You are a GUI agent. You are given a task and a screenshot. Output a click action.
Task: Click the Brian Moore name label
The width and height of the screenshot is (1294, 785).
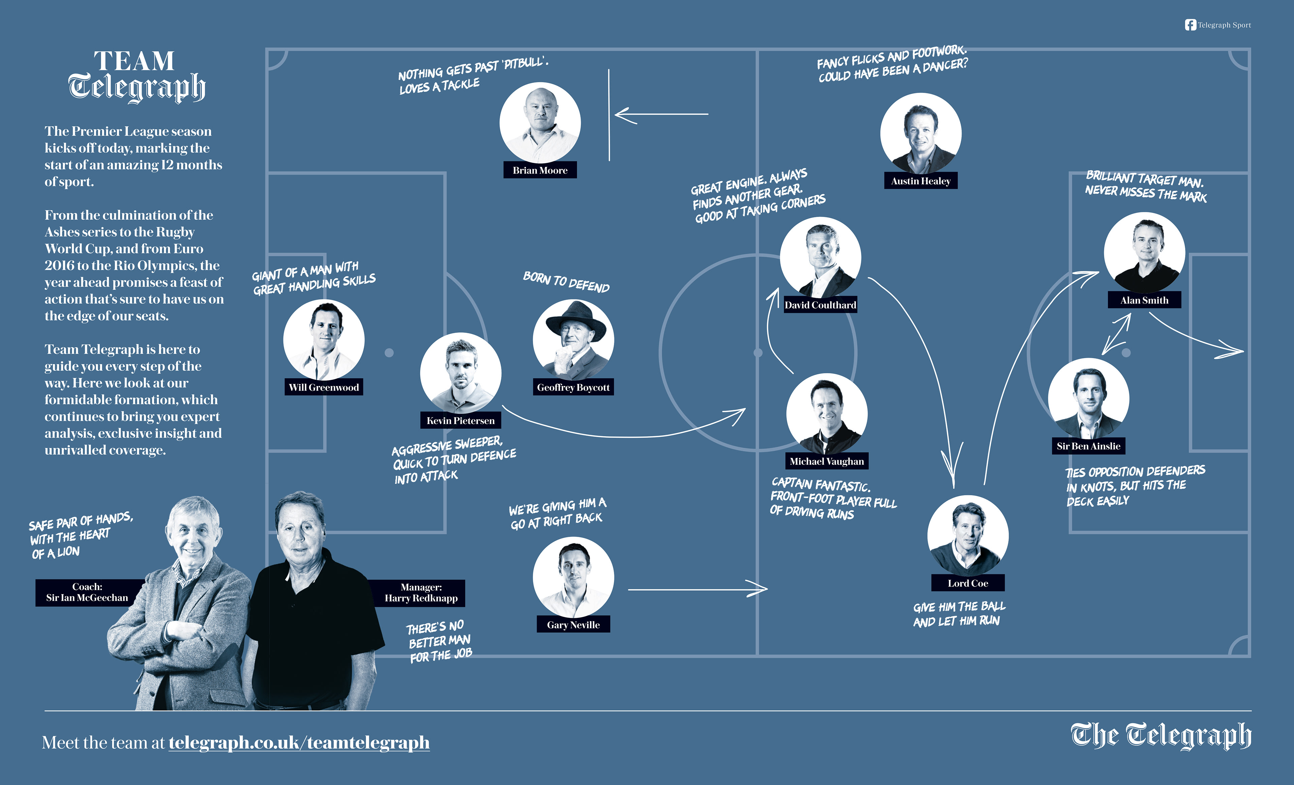point(540,170)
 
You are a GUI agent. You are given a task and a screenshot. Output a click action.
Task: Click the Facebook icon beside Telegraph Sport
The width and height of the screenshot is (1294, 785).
point(1190,25)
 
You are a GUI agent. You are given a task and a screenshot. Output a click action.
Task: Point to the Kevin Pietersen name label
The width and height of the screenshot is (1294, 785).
point(461,420)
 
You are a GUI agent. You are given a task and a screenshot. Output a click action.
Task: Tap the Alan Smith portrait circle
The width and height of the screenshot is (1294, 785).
point(1144,253)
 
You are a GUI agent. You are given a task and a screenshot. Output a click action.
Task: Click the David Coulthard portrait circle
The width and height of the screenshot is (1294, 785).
point(820,257)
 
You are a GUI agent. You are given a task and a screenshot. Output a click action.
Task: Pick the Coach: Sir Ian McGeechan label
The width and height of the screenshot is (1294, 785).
point(87,592)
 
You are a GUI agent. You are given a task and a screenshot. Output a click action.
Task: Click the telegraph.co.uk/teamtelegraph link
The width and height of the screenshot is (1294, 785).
point(299,743)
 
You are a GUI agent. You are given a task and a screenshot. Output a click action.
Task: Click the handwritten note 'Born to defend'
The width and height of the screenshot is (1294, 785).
point(566,282)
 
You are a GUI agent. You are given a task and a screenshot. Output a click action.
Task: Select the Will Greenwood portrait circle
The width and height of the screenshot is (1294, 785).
point(323,340)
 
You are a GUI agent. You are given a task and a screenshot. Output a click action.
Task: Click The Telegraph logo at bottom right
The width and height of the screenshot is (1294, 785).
point(1161,735)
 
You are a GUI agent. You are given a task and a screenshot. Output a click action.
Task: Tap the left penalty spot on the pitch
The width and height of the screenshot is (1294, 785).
point(389,353)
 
